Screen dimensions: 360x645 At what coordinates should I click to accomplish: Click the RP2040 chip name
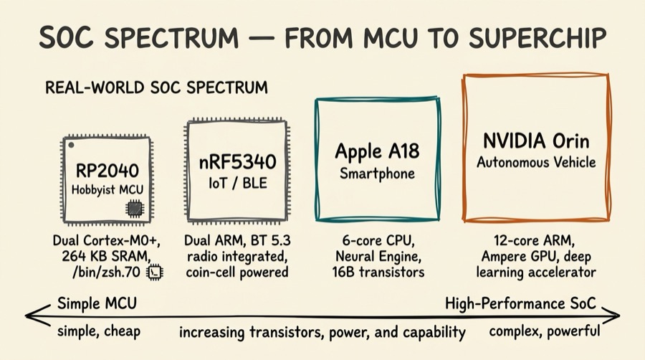(x=107, y=172)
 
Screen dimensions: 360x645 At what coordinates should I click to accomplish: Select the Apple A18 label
(x=377, y=152)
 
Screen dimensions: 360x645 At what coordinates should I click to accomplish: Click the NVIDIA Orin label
(x=536, y=138)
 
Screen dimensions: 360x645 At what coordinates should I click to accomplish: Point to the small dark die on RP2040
(x=134, y=208)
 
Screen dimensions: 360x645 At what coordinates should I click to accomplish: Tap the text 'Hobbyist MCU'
(x=107, y=190)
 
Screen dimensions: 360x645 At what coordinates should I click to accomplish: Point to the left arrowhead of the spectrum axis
(x=29, y=314)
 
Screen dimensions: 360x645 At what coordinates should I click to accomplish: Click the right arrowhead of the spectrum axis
(x=616, y=314)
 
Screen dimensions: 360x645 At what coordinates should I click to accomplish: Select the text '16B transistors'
(x=378, y=272)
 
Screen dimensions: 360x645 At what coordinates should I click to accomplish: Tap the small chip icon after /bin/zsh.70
(x=155, y=273)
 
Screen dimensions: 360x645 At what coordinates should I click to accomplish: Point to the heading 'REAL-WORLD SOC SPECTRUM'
(x=156, y=88)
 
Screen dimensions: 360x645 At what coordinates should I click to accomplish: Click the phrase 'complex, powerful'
(x=545, y=332)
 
